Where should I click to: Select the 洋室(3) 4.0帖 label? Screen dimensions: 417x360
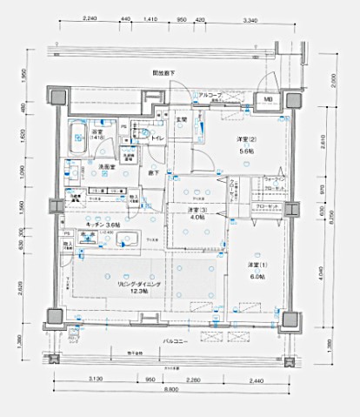point(196,214)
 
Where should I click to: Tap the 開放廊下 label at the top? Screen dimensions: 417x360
point(164,74)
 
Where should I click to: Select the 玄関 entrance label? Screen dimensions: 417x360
point(183,119)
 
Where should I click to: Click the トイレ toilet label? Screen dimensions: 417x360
point(158,138)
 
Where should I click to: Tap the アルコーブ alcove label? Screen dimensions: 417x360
point(210,94)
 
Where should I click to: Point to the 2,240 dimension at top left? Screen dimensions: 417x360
point(88,18)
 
